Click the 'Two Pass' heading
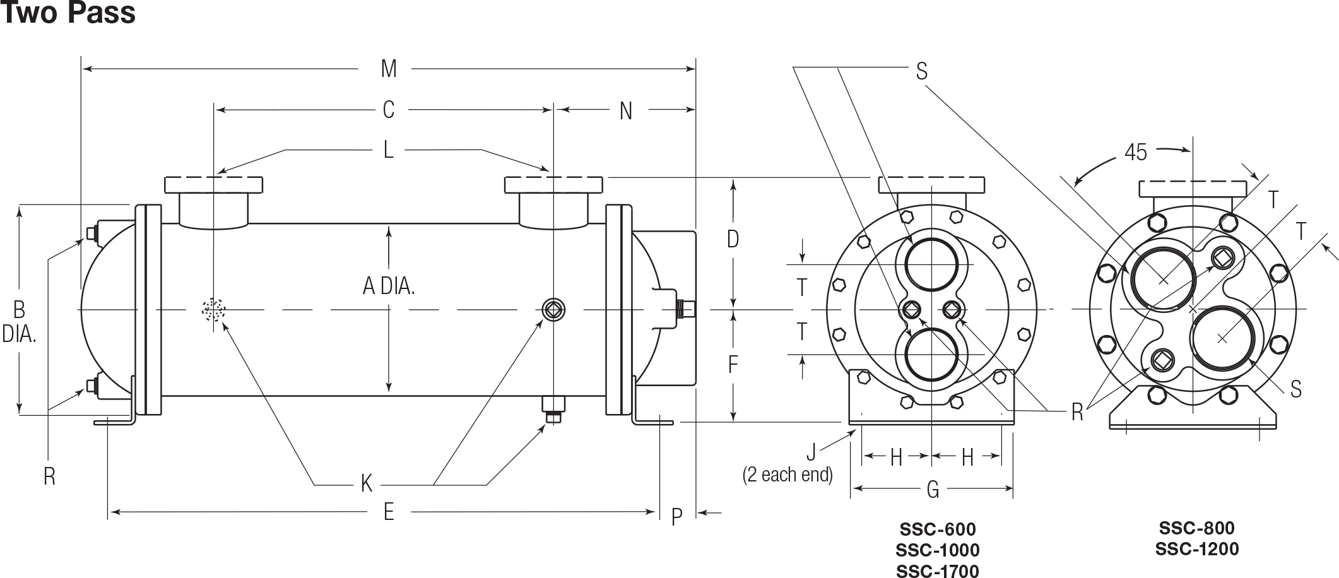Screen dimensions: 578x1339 point(68,13)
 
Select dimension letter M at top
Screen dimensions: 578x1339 point(389,69)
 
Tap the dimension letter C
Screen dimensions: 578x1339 point(389,110)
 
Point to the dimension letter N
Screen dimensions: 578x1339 point(625,111)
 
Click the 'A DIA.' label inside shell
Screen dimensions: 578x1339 point(389,287)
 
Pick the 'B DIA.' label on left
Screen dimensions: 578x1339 point(19,321)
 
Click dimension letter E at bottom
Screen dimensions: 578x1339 point(389,512)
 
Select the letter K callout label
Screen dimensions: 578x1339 point(367,485)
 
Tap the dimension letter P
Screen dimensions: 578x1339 point(676,517)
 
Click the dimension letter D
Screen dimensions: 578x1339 point(733,240)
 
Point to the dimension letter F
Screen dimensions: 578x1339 point(733,365)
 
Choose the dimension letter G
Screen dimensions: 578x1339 point(933,489)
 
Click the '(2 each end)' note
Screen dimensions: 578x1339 point(787,475)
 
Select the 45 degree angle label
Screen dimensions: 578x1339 point(1135,153)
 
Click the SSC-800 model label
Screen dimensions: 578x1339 point(1196,528)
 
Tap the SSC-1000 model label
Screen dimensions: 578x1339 point(938,550)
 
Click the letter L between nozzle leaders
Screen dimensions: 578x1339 point(389,150)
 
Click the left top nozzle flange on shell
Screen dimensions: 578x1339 point(214,185)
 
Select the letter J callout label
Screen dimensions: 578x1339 point(811,452)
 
